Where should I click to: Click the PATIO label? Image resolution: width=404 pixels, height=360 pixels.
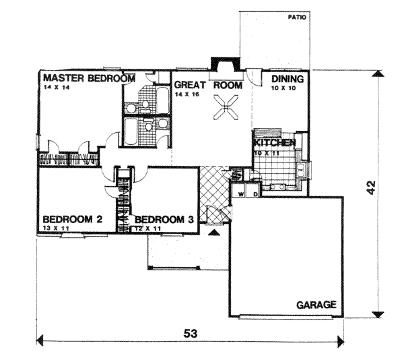(x=297, y=18)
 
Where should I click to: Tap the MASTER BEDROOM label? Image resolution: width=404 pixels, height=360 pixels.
(x=89, y=78)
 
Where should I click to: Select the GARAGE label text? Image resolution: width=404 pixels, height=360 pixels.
(x=316, y=305)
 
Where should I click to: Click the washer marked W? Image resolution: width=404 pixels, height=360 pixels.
(x=239, y=191)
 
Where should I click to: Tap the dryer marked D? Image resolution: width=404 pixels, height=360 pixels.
(x=254, y=191)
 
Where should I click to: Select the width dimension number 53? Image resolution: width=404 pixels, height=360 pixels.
(x=191, y=334)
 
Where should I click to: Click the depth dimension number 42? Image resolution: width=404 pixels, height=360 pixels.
(x=371, y=187)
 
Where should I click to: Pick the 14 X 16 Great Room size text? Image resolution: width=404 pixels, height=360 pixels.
(x=187, y=94)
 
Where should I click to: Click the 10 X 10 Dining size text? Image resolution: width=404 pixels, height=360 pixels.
(x=283, y=88)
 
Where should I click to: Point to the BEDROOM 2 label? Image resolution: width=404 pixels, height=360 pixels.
(x=73, y=220)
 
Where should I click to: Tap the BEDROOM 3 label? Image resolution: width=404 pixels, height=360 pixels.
(x=164, y=220)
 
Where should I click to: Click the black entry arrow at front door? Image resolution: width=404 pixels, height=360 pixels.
(x=213, y=233)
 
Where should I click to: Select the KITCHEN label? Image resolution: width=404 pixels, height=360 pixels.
(x=275, y=143)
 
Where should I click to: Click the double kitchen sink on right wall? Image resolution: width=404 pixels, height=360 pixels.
(x=301, y=170)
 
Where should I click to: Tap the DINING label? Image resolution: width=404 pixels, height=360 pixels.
(x=288, y=79)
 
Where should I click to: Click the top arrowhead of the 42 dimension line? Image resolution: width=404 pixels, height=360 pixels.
(x=378, y=73)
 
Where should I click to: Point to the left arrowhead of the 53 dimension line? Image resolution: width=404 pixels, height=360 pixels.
(x=40, y=340)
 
